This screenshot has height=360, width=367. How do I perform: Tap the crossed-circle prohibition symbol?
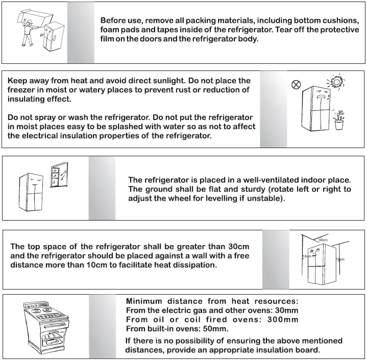coord(295,85)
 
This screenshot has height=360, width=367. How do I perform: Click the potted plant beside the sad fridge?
coord(338,121)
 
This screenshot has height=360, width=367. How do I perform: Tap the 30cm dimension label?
coord(323,239)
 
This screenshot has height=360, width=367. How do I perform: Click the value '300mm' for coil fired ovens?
coord(282,320)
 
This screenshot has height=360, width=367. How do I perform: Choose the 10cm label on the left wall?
coord(306,256)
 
